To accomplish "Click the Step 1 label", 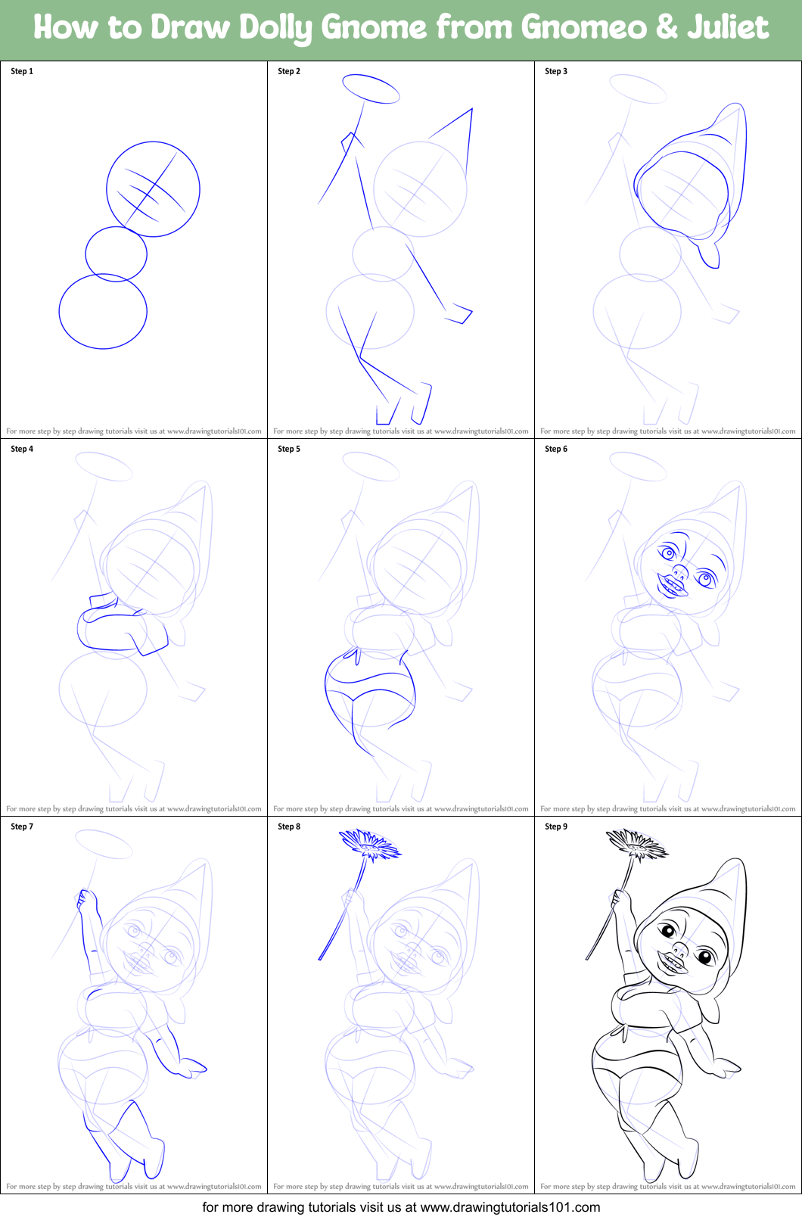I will pos(22,71).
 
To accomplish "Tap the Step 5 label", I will pos(289,449).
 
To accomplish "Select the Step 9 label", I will pos(556,826).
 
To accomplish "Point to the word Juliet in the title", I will pos(727,28).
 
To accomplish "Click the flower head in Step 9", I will pos(637,844).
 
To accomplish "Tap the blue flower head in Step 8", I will pos(370,844).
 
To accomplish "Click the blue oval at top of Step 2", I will pos(371,89).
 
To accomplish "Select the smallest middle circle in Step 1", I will pos(116,254).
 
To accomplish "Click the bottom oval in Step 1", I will pos(103,311).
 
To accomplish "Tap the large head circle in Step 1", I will pos(153,189).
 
